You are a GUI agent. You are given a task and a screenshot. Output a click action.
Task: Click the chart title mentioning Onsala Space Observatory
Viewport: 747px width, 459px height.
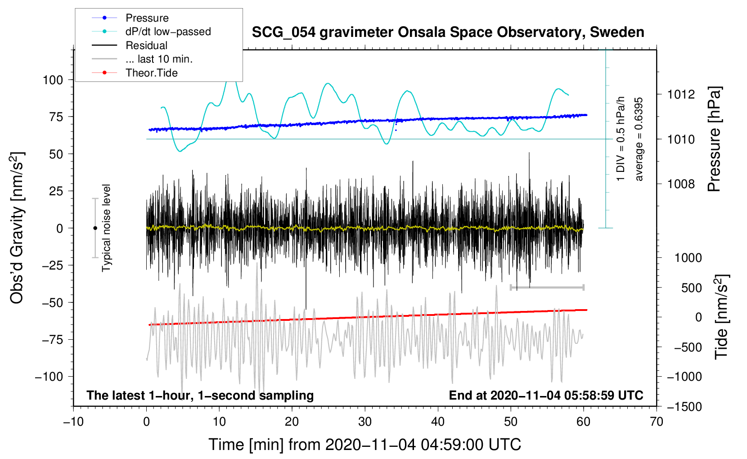coord(448,32)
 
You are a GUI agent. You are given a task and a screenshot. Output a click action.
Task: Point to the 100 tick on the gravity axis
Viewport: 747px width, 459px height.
coord(53,80)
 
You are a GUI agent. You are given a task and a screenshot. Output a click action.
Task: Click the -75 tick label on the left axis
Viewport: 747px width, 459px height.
coord(52,340)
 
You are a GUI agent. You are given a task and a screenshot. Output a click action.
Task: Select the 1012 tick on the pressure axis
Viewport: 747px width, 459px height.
coord(681,94)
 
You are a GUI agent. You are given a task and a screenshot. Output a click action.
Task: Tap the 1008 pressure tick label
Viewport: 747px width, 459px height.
coord(681,184)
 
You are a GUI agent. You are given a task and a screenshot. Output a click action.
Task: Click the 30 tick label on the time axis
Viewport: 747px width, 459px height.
coord(365,422)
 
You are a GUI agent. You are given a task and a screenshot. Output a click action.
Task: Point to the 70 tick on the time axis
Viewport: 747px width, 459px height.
coord(656,422)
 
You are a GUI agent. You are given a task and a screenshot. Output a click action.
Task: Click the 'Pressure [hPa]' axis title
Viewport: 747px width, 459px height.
coord(714,139)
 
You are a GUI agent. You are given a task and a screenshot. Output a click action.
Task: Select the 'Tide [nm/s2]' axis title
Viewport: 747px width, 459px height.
coord(721,317)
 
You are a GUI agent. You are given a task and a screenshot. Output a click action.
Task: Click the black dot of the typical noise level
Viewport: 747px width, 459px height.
coord(95,228)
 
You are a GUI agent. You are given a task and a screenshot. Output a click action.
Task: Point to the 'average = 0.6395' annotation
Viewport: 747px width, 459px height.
coord(638,139)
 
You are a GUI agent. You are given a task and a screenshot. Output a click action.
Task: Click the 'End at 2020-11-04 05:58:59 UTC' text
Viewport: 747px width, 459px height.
coord(546,395)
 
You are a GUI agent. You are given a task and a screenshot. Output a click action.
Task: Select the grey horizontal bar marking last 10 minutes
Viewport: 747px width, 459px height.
coord(547,287)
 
